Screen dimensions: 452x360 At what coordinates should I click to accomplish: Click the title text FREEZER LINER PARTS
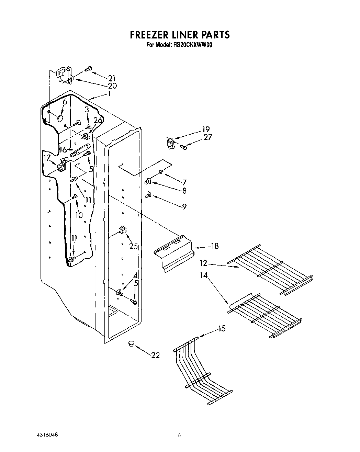(179, 35)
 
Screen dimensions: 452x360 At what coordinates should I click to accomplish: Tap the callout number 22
(156, 355)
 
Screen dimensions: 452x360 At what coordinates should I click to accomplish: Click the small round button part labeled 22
(131, 343)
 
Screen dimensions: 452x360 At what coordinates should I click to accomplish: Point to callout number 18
(215, 246)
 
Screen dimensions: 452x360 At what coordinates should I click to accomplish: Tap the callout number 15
(222, 329)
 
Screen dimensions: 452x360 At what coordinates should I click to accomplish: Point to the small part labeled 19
(170, 144)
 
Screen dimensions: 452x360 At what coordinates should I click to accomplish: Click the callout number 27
(208, 137)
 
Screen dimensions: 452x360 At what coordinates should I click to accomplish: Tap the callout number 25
(134, 246)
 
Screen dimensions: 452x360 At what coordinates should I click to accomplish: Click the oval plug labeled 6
(60, 119)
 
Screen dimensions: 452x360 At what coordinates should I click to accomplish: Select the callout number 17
(47, 158)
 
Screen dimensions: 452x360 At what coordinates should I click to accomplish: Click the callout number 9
(184, 206)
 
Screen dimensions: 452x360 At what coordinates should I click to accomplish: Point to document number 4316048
(43, 435)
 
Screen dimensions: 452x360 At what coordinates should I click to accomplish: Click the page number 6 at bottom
(179, 436)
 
